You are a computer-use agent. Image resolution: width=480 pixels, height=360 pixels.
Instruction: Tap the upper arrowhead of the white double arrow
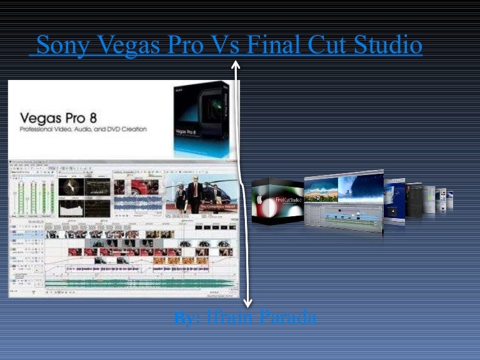tap(236, 64)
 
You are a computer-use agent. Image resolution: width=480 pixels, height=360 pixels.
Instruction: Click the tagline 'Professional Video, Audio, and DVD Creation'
tap(83, 129)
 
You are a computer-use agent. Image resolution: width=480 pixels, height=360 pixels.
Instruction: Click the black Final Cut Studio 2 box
tap(277, 201)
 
